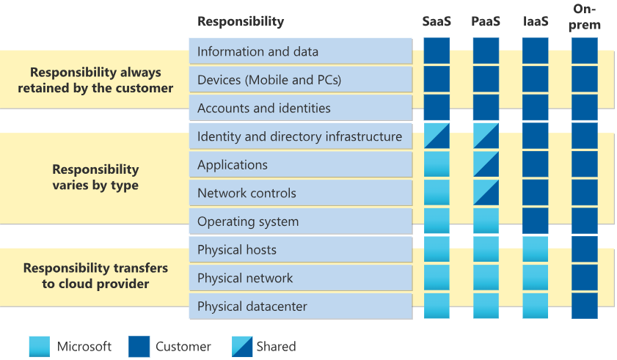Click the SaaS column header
coord(437,21)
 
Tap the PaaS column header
coord(486,21)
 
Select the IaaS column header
coord(536,21)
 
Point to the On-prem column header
coord(584,17)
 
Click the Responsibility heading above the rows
coord(241,21)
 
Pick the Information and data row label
coord(258,51)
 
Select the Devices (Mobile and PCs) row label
coord(269,80)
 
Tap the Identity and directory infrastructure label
coord(299,136)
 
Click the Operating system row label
coord(248,221)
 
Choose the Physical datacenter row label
coord(252,306)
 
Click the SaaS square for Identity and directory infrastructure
coord(437,136)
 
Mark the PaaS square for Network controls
coord(486,193)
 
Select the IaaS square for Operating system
coord(535,221)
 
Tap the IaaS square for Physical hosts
coord(535,249)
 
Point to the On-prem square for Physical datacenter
coord(584,306)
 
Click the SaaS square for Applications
coord(437,164)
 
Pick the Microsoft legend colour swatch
coord(40,347)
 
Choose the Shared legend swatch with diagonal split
coord(242,347)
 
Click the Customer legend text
coord(183,347)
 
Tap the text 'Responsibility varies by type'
coord(95,177)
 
